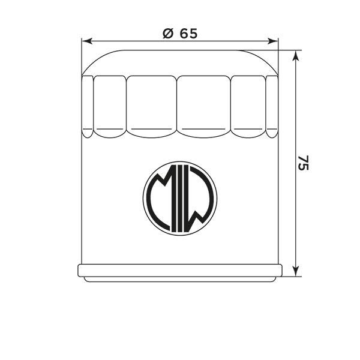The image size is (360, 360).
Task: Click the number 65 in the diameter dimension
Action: (x=187, y=34)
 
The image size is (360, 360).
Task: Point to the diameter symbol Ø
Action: (x=168, y=34)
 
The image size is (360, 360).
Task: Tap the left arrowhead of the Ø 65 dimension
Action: (x=86, y=41)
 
